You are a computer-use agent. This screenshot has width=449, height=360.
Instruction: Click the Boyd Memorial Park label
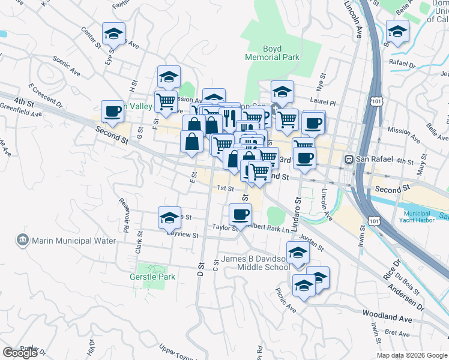click(272, 53)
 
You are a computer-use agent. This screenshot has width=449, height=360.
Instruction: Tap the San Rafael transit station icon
click(348, 160)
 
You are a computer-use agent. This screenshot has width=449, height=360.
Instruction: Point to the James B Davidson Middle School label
click(255, 263)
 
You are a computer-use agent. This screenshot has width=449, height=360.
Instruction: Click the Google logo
click(20, 353)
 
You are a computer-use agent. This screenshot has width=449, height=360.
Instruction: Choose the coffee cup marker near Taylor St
click(240, 214)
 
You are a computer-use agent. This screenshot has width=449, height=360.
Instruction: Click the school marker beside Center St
click(113, 34)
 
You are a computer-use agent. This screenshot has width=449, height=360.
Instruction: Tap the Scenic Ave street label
click(66, 65)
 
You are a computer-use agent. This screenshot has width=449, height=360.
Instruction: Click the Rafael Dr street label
click(402, 63)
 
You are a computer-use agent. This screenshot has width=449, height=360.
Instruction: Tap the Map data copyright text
click(412, 355)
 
